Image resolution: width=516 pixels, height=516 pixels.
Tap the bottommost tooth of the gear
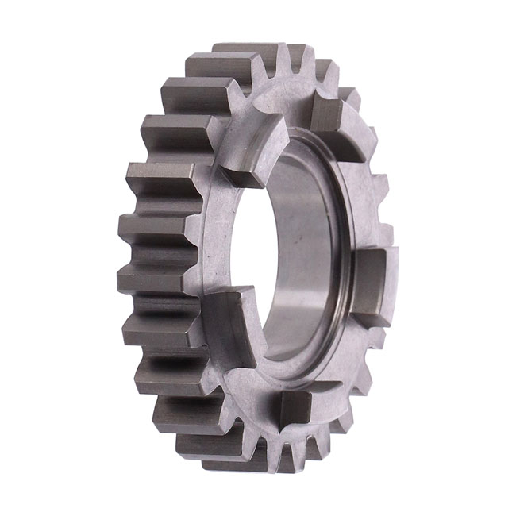coord(238,460)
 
